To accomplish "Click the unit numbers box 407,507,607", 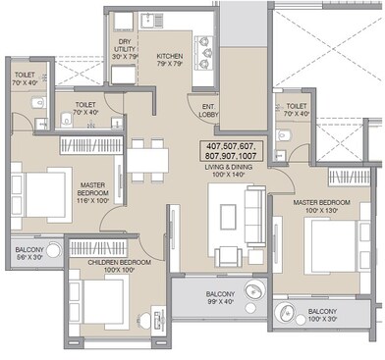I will tap(230, 151).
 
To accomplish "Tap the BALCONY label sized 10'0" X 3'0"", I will tap(331, 314).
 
